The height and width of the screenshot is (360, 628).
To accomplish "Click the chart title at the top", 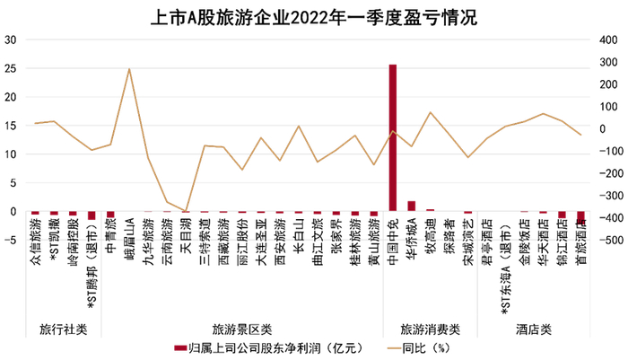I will (313, 15).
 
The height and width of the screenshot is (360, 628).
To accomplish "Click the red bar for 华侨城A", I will (412, 206).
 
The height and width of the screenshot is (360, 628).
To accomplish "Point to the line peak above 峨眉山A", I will (129, 69).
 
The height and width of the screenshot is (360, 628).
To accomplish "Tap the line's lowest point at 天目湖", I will (186, 212).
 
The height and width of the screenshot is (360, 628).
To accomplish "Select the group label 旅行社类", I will (64, 329).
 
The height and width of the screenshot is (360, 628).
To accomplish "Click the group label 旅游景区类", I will (242, 329).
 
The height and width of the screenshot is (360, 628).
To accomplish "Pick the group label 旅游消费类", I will (430, 329).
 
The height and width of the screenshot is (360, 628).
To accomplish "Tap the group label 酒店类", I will (534, 329).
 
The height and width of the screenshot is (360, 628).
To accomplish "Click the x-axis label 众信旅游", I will (36, 235).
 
